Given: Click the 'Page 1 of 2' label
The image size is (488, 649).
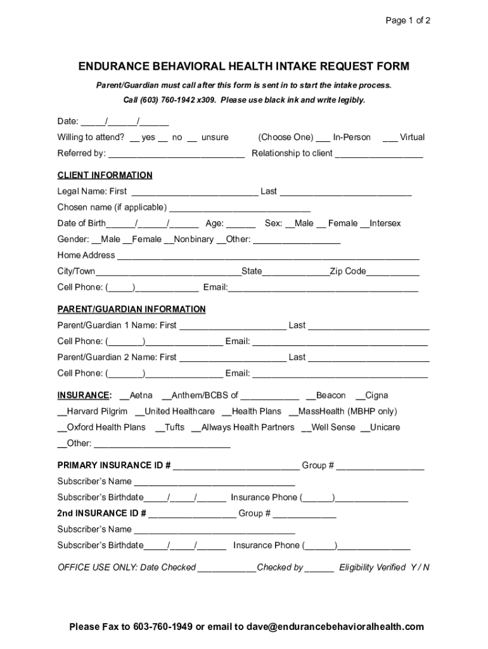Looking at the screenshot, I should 408,20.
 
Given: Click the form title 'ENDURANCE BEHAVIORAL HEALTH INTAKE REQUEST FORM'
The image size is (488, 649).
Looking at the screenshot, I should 243,67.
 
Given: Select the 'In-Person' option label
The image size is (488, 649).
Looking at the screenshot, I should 351,138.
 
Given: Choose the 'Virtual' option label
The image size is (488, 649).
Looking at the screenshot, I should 411,138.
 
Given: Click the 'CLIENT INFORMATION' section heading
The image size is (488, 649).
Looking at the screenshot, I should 105,176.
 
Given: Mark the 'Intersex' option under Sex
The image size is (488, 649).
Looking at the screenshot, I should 384,224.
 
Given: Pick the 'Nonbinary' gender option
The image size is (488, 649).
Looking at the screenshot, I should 193,240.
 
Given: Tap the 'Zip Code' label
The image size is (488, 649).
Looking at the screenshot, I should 347,271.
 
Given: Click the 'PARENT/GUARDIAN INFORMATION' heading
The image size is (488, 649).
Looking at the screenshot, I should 131,309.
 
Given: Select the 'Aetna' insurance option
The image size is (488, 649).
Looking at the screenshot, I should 140,395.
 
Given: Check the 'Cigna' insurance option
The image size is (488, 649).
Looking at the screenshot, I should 376,395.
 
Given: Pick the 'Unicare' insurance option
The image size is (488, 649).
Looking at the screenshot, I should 384,427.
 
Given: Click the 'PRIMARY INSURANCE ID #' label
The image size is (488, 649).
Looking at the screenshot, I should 114,466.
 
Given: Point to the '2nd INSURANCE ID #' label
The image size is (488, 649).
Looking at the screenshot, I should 102,513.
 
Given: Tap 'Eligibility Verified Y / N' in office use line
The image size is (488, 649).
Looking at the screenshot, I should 384,568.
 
